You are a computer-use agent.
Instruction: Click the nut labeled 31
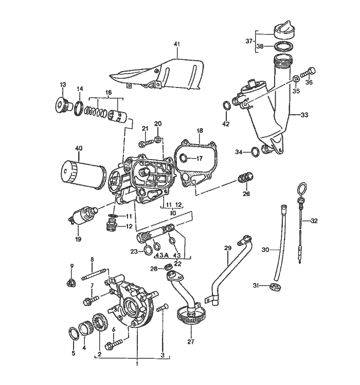276,287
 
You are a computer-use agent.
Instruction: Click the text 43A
161,256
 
